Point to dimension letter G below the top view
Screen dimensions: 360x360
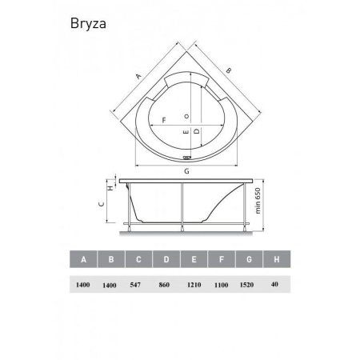186,171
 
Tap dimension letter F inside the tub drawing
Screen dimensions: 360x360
163,121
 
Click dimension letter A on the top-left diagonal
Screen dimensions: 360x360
138,76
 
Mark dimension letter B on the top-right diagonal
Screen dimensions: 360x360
230,73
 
